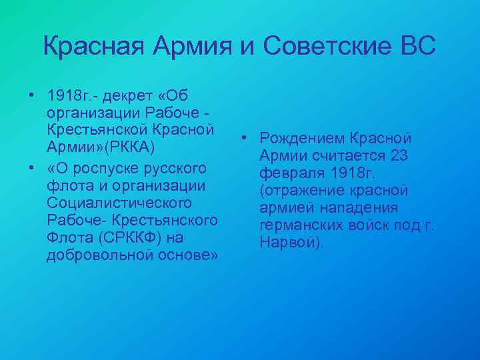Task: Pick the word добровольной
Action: pos(99,256)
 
